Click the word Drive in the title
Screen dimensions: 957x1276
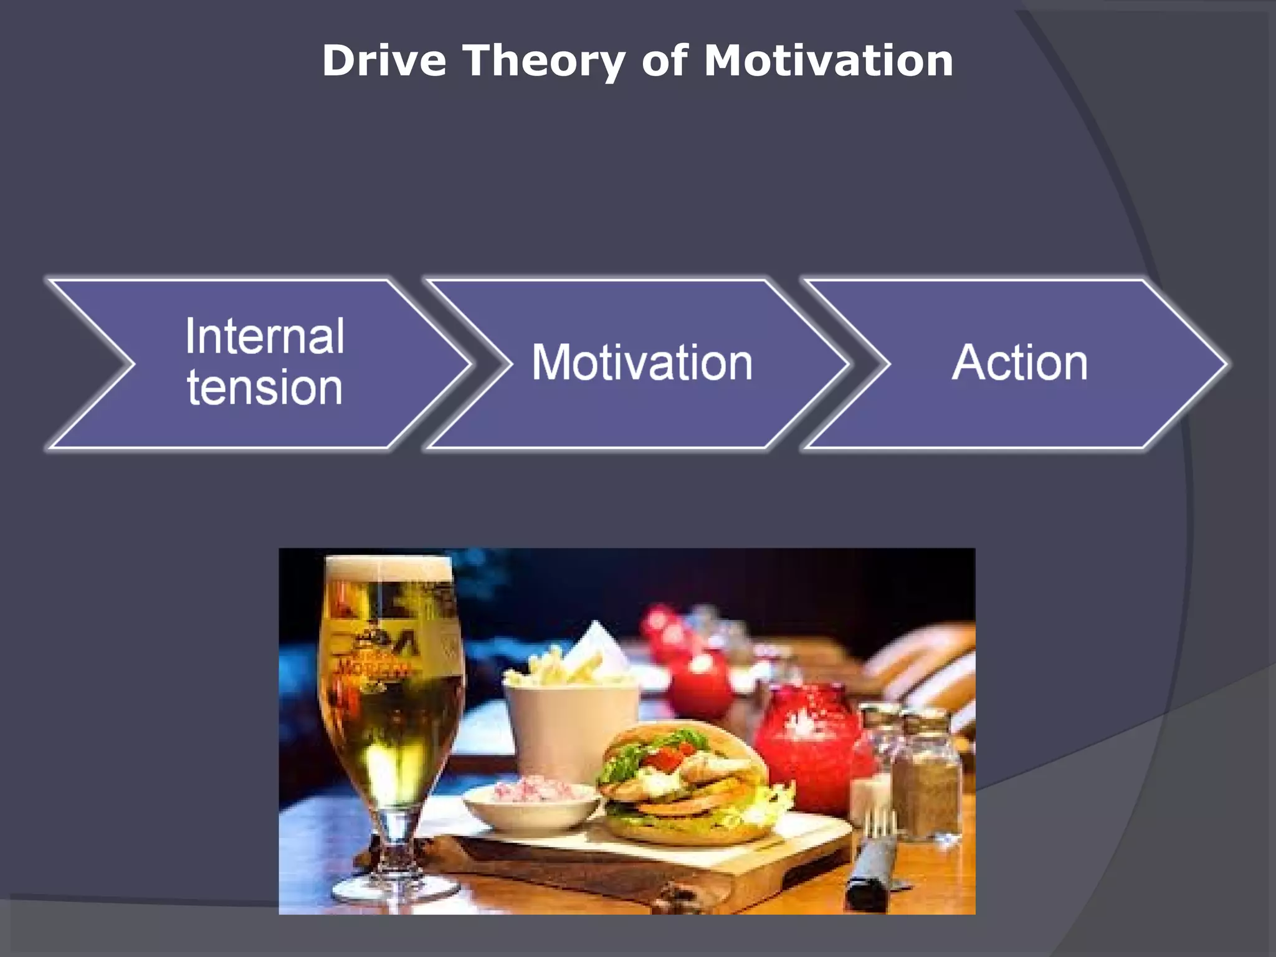[384, 61]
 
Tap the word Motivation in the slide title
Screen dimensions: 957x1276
[828, 61]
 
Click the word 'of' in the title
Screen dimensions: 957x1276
[665, 61]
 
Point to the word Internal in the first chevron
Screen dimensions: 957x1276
[265, 336]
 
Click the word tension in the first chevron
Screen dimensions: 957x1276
[265, 388]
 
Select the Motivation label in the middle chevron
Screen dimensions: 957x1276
[642, 363]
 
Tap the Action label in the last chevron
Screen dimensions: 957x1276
[1019, 363]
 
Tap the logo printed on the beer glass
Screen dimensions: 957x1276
[374, 654]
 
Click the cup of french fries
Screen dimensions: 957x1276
[570, 717]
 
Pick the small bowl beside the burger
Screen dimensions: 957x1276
[530, 807]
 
